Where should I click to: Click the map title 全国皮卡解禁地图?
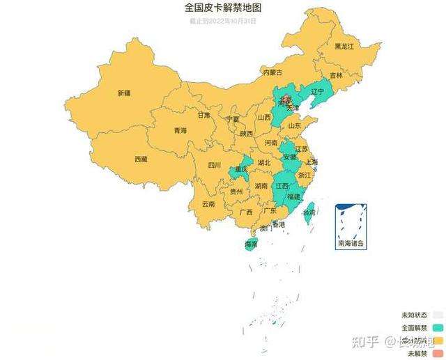click(x=223, y=8)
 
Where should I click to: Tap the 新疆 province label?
click(x=124, y=93)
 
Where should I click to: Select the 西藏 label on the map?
click(x=141, y=159)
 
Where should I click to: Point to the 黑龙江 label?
click(x=344, y=46)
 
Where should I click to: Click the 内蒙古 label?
click(x=272, y=72)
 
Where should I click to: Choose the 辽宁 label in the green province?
click(x=318, y=92)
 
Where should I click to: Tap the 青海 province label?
click(x=180, y=131)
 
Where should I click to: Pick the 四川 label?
click(x=214, y=166)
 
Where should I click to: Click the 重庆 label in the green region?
click(x=242, y=169)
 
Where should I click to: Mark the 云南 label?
click(x=208, y=205)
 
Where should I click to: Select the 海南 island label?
click(x=252, y=245)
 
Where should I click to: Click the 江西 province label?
click(x=282, y=187)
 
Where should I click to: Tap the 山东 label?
click(x=295, y=126)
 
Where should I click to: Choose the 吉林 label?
click(x=337, y=75)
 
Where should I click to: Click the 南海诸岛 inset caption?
click(x=351, y=244)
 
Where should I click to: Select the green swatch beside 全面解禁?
click(x=438, y=327)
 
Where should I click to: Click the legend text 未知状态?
click(x=414, y=315)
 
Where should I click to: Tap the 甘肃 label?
click(x=203, y=116)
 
